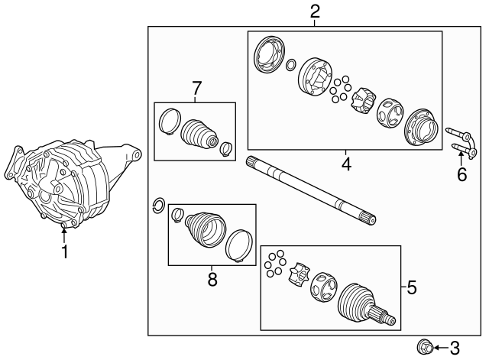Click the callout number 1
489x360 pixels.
pos(64,251)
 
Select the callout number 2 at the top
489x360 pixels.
pos(315,12)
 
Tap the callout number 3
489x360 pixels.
pos(455,348)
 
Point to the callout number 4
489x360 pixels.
pos(346,164)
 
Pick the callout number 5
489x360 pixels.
pos(412,287)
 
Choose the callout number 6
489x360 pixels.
pos(461,174)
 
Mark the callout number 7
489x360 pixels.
pos(197,88)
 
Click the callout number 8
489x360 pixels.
pos(212,279)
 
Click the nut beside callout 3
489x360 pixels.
pos(425,347)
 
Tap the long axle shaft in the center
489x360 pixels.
pos(311,190)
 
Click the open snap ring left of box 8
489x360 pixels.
pos(158,206)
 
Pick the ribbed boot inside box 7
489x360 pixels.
pos(199,134)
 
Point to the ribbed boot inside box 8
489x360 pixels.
pos(206,229)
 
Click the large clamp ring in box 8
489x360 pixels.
pos(239,245)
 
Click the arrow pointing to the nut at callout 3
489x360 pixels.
pos(441,348)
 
